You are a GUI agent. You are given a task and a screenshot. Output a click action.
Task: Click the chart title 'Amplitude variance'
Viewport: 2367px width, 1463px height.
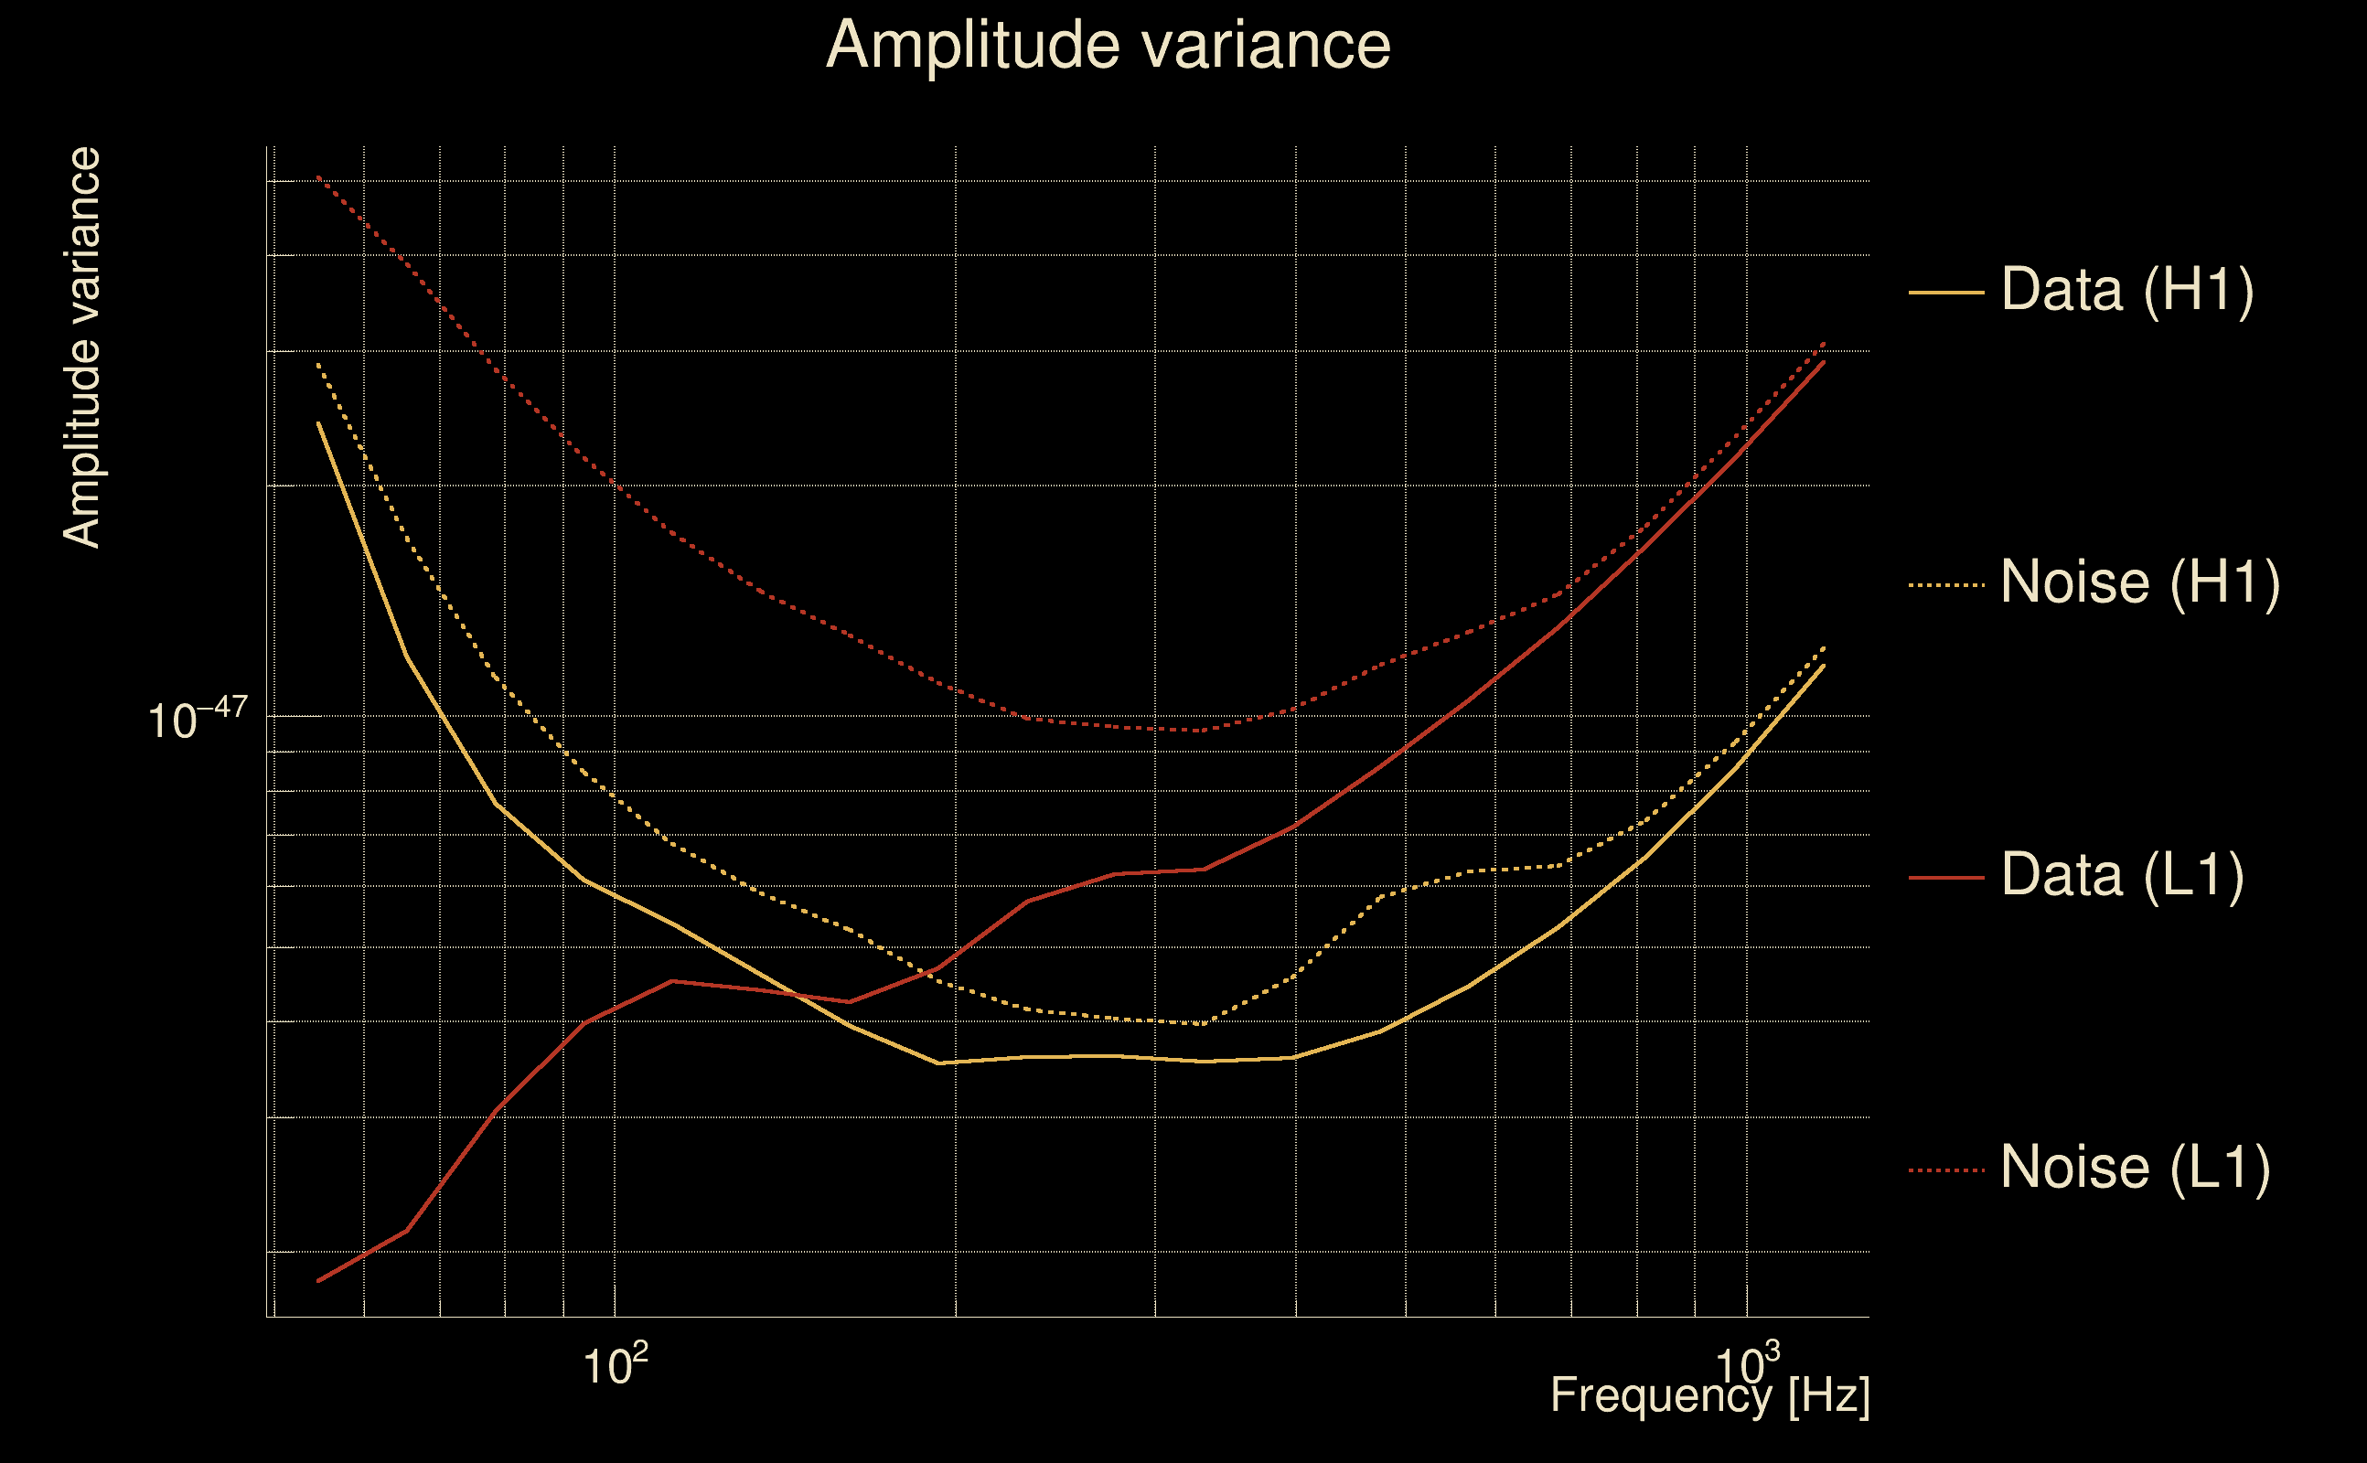coord(1108,46)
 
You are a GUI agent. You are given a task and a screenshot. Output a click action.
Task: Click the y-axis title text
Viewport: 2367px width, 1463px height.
coord(81,348)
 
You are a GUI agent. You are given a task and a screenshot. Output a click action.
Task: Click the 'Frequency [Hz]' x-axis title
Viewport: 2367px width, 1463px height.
coord(1710,1395)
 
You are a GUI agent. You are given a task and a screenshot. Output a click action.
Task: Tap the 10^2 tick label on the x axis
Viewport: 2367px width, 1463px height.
coord(615,1364)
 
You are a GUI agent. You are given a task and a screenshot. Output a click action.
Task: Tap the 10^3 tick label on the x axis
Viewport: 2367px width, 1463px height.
coord(1747,1364)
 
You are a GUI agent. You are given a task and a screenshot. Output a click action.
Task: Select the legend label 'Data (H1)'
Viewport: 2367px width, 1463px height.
coord(2127,289)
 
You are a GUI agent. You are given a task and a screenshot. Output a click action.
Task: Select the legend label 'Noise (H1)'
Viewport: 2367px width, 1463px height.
coord(2139,582)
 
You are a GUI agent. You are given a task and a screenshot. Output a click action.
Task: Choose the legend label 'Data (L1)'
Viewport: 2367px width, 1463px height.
coord(2122,876)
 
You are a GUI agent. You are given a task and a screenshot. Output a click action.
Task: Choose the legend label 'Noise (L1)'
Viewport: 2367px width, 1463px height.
coord(2135,1168)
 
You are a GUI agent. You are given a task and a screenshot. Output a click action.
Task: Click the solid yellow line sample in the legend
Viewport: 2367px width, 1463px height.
coord(1946,292)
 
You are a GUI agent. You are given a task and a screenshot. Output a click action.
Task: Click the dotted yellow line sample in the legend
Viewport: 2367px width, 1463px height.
coord(1946,584)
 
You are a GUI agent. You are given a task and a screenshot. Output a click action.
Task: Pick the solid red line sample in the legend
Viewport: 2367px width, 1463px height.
coord(1946,878)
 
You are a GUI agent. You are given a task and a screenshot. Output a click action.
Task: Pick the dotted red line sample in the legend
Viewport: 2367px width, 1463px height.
coord(1946,1169)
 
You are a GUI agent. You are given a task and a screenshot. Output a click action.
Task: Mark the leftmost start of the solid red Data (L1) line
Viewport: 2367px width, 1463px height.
coord(318,1281)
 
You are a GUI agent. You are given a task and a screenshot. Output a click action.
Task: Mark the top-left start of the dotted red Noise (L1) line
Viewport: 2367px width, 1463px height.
coord(318,177)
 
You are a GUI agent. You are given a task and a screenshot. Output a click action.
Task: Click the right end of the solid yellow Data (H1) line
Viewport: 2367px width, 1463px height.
coord(1824,666)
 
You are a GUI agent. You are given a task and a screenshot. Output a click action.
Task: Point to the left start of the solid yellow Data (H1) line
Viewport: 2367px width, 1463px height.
coord(318,422)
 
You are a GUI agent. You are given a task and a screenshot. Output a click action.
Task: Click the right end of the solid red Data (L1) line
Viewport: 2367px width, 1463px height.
coord(1824,361)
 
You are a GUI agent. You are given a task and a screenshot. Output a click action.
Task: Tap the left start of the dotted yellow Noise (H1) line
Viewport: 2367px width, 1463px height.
coord(318,365)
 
